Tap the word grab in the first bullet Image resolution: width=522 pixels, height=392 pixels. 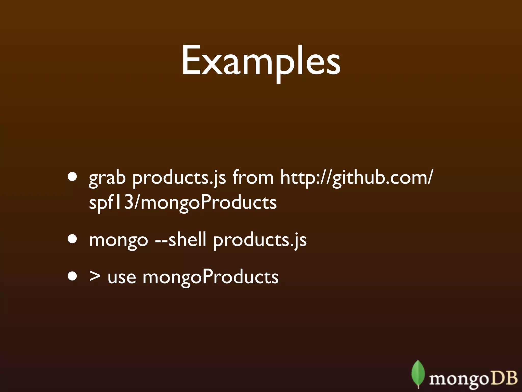(x=107, y=178)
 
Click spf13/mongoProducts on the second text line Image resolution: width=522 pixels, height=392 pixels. (x=182, y=203)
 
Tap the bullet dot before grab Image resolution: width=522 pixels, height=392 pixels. (x=73, y=177)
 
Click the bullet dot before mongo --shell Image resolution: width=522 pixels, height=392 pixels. (x=73, y=239)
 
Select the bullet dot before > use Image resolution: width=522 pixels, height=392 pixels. (x=73, y=276)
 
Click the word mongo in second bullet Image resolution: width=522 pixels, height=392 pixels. (x=118, y=240)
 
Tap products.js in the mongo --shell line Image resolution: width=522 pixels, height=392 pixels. (x=260, y=240)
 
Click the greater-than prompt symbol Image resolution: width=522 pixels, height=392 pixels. (x=95, y=277)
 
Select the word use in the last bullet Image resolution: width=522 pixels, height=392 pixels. (x=122, y=278)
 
